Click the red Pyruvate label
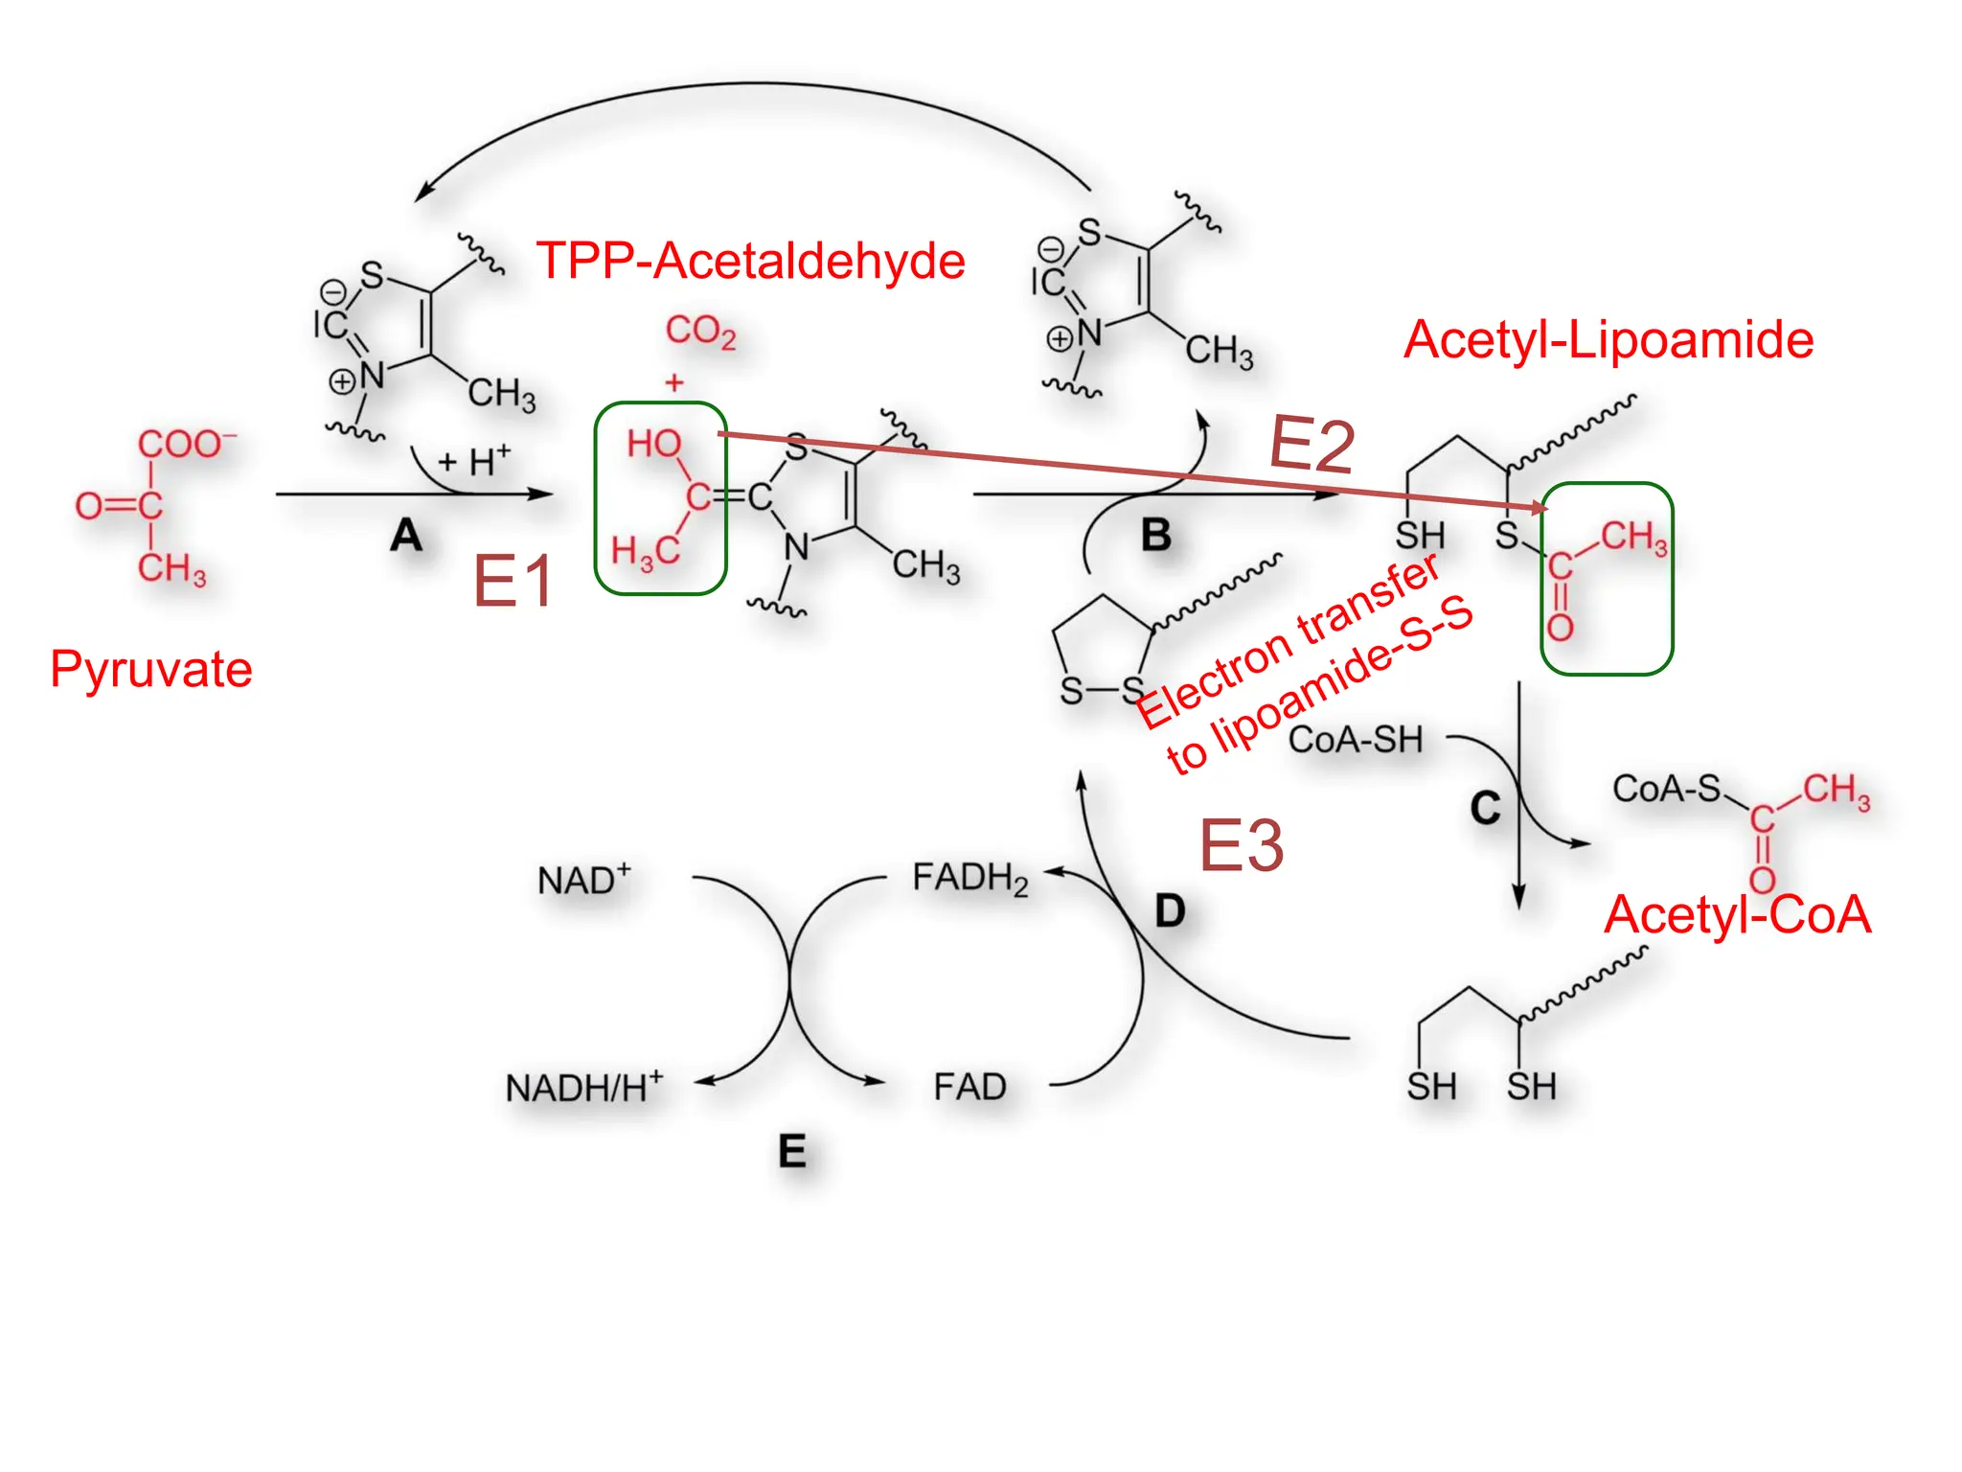[x=151, y=669]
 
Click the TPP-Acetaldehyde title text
[x=750, y=261]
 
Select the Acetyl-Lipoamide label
[x=1608, y=340]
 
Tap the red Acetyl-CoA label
[x=1738, y=914]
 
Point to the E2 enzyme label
[x=1312, y=446]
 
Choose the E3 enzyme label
[x=1241, y=846]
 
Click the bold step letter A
[x=406, y=535]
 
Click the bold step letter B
[x=1156, y=535]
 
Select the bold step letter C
[x=1485, y=808]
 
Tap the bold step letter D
[x=1170, y=910]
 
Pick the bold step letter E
[x=791, y=1151]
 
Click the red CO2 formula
[x=700, y=331]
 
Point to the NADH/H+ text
[x=583, y=1088]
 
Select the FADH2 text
[x=970, y=877]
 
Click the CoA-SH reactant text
[x=1355, y=740]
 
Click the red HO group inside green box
[x=653, y=444]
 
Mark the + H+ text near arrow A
[x=474, y=461]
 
